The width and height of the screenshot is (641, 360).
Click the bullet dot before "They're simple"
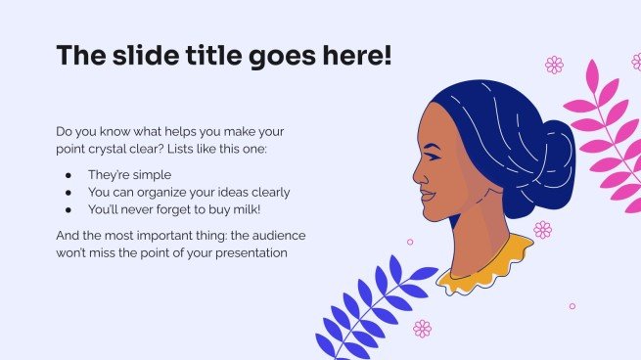click(68, 175)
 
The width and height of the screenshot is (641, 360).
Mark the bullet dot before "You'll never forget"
click(68, 208)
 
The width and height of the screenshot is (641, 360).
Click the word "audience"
click(259, 236)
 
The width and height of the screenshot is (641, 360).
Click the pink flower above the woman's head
click(554, 65)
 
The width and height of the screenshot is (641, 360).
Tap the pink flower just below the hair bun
click(542, 229)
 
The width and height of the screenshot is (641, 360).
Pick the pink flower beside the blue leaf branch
click(422, 329)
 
